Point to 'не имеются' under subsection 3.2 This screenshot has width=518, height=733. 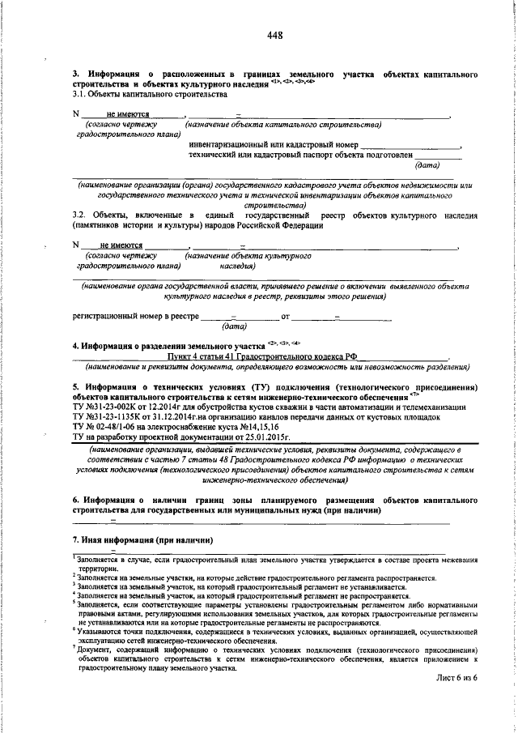tap(121, 245)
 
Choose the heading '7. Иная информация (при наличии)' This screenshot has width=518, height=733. tap(142, 539)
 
